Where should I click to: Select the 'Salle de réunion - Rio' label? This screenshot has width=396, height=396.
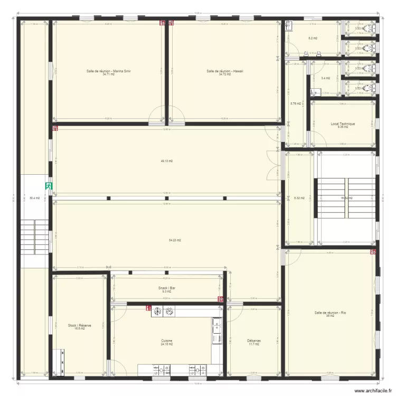pyautogui.click(x=331, y=313)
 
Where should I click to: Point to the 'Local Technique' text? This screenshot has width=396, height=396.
pyautogui.click(x=343, y=124)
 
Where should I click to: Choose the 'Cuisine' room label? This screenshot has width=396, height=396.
pyautogui.click(x=167, y=341)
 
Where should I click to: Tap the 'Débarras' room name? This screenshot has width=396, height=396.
pyautogui.click(x=254, y=341)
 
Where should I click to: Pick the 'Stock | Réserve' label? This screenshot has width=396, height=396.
pyautogui.click(x=80, y=326)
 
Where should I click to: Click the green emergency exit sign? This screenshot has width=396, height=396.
pyautogui.click(x=48, y=186)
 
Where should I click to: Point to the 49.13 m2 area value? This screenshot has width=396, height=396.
pyautogui.click(x=167, y=161)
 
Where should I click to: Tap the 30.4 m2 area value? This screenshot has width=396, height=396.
pyautogui.click(x=34, y=198)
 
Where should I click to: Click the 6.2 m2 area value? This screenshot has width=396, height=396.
pyautogui.click(x=313, y=38)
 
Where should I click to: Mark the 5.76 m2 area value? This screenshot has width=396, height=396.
pyautogui.click(x=296, y=103)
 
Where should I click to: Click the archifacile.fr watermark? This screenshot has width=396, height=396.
pyautogui.click(x=370, y=391)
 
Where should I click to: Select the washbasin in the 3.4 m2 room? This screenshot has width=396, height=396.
pyautogui.click(x=314, y=93)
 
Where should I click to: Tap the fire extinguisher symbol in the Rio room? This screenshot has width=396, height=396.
pyautogui.click(x=373, y=252)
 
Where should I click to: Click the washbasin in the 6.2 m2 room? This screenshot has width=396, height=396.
pyautogui.click(x=289, y=26)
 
